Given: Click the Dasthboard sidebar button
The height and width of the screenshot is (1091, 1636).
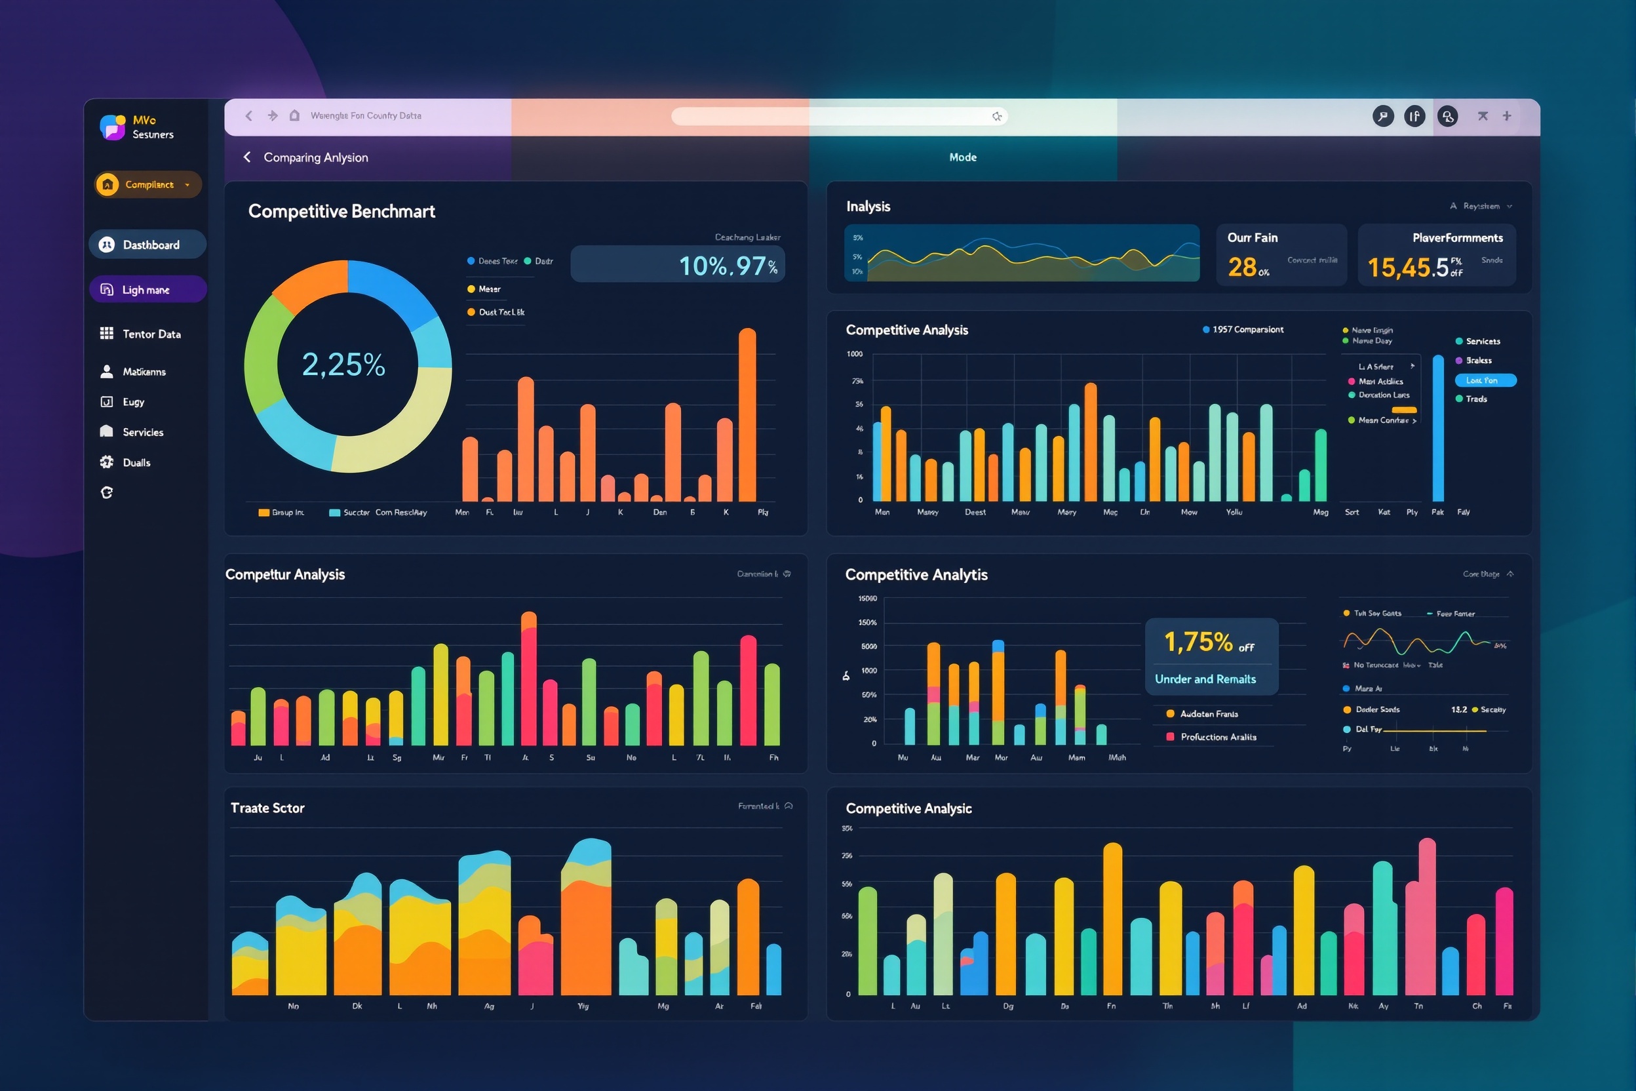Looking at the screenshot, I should (147, 245).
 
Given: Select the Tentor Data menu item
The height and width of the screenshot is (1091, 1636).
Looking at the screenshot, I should (151, 334).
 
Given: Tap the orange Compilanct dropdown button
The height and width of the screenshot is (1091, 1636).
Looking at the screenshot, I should (148, 184).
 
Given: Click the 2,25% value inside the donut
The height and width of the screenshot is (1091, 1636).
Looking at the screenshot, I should (343, 365).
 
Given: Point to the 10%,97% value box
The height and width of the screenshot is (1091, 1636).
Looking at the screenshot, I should (677, 265).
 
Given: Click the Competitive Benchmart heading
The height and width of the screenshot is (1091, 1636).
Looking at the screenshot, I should (341, 212).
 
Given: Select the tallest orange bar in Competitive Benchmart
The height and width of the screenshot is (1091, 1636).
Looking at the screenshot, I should (747, 414).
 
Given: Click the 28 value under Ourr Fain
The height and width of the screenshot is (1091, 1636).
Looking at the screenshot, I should (1242, 268).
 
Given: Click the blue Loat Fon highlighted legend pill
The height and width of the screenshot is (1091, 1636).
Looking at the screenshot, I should (1485, 380).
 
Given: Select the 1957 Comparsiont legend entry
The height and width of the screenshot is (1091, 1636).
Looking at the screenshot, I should (1243, 330).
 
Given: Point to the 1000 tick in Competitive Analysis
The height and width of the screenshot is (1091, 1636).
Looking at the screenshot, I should (854, 354).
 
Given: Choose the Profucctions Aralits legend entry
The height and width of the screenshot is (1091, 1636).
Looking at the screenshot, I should (1217, 737).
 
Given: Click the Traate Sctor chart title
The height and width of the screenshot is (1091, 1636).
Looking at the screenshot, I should (267, 808).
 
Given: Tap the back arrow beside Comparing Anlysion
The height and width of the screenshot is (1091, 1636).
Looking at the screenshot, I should (247, 157).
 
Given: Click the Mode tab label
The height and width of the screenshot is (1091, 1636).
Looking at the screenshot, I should (963, 157).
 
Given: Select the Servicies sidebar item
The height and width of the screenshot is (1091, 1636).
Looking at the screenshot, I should (143, 432).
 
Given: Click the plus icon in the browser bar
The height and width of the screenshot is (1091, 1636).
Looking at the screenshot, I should (1507, 116).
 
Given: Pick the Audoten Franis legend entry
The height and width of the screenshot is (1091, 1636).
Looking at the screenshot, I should (1208, 714).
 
